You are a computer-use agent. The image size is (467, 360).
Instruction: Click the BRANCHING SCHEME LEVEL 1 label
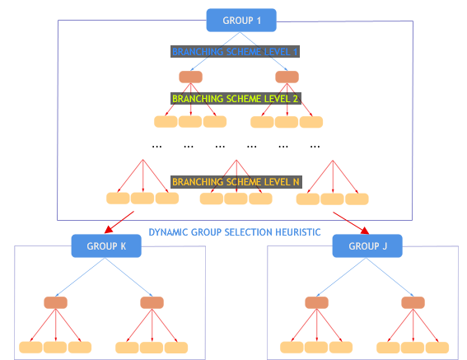(235, 51)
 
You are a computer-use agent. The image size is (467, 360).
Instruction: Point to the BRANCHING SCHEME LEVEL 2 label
(235, 97)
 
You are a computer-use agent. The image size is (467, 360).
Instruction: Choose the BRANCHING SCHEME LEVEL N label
(235, 181)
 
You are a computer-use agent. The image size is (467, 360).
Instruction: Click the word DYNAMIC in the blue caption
(172, 232)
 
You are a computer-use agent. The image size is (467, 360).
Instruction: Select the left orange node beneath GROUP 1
(191, 77)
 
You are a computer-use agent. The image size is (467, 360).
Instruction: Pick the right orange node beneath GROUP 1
(287, 77)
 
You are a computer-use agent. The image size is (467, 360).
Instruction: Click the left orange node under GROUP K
(55, 302)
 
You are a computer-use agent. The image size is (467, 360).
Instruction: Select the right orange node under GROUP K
(152, 302)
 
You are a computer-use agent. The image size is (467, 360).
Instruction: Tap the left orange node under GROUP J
(316, 302)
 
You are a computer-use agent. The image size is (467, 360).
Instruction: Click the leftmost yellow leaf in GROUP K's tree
(30, 347)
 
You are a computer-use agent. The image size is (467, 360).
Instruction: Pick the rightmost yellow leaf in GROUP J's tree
(438, 347)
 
